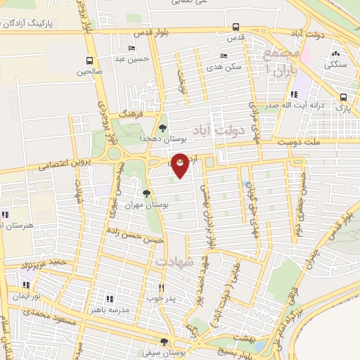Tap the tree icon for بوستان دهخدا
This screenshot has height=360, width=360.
click(163, 128)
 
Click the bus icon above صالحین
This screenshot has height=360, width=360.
click(89, 60)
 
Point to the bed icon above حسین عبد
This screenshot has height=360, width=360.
click(133, 49)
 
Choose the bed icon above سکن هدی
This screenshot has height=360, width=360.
click(224, 56)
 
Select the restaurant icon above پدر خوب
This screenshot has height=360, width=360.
click(161, 286)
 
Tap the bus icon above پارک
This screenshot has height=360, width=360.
click(342, 97)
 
